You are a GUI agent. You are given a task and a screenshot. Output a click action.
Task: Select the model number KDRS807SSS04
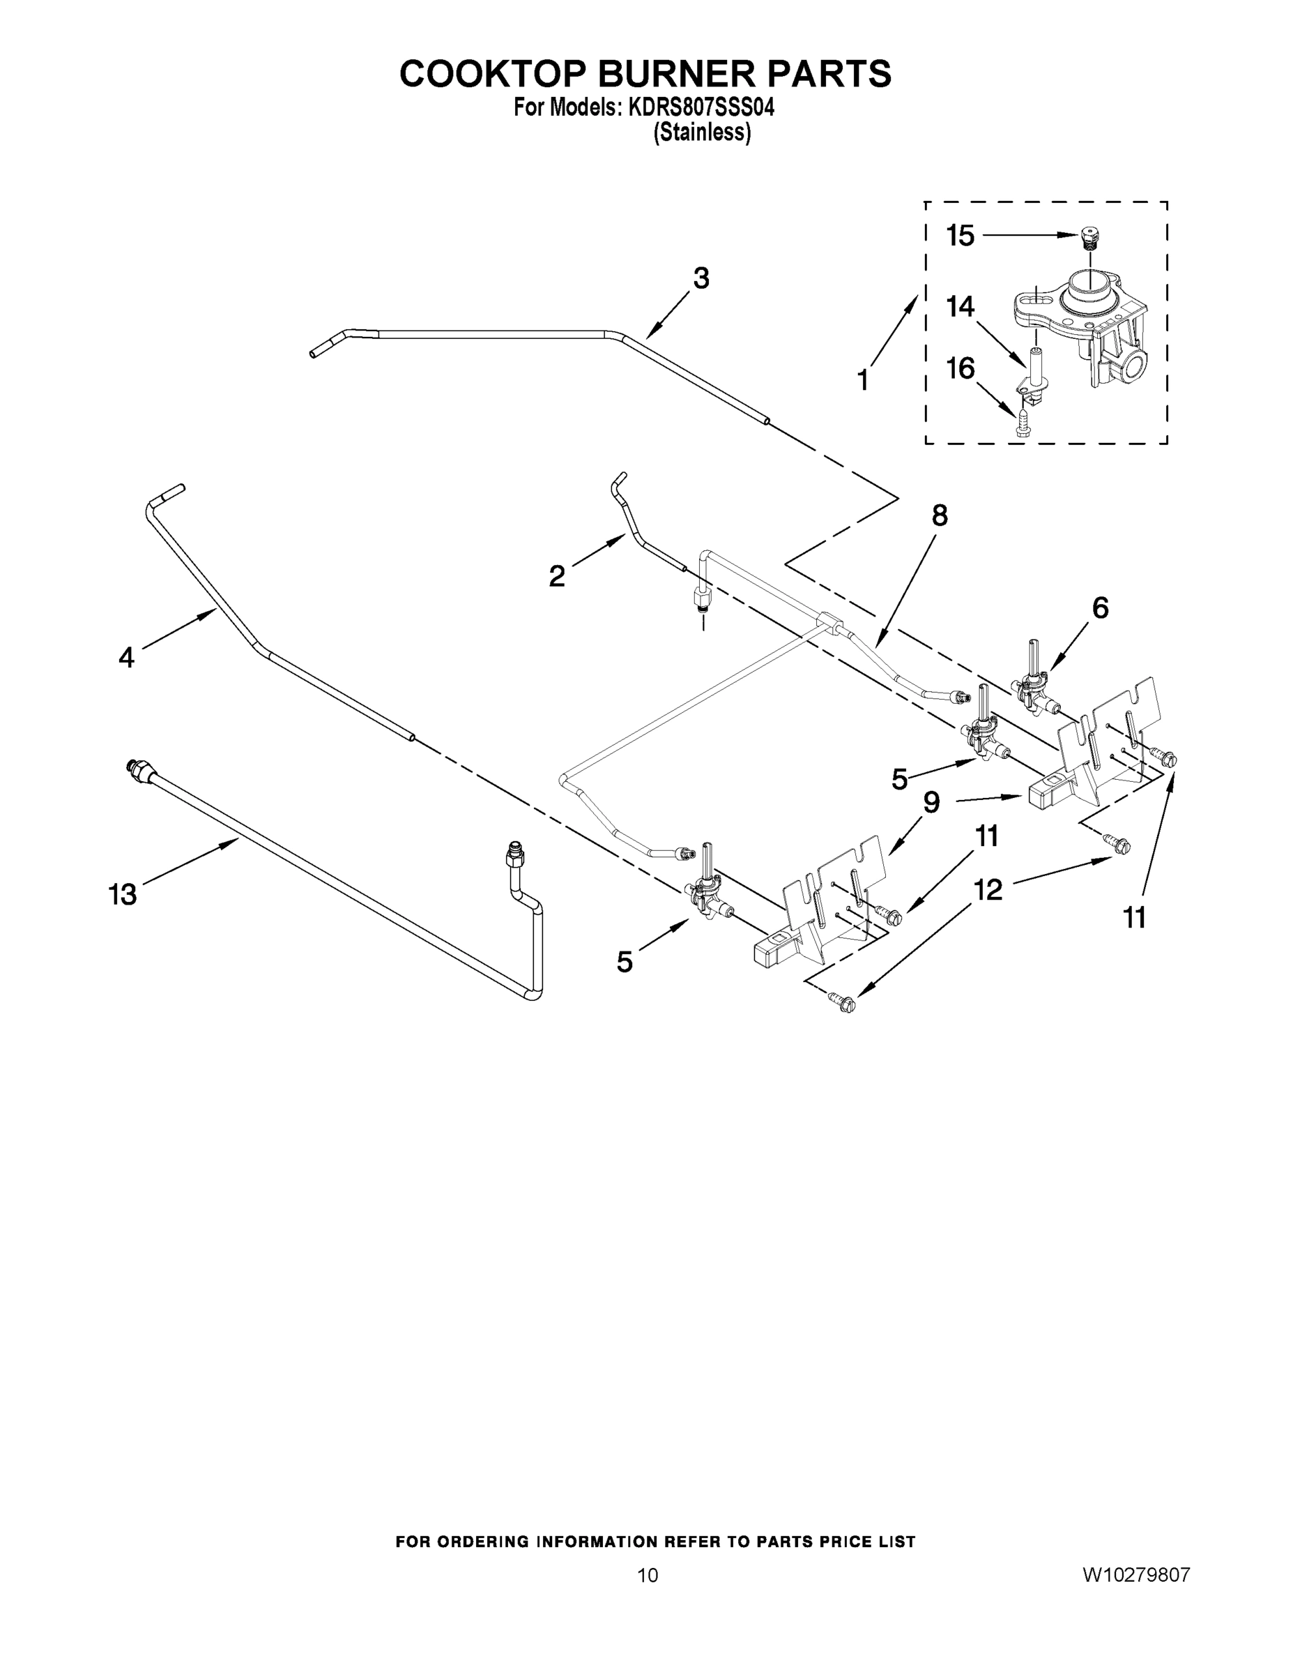(701, 108)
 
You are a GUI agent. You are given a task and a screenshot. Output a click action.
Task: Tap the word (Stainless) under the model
(702, 133)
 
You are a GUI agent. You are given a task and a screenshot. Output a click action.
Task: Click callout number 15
(960, 235)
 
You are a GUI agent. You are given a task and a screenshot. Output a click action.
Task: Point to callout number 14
(960, 307)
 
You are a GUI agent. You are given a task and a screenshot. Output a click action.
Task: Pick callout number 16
(960, 369)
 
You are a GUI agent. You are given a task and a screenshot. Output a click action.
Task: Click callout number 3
(701, 278)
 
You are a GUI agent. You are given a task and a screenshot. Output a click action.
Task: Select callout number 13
(123, 893)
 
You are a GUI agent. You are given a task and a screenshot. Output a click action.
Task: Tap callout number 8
(939, 516)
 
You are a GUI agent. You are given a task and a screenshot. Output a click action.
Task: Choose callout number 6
(1099, 608)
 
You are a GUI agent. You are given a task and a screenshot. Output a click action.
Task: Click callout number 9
(931, 803)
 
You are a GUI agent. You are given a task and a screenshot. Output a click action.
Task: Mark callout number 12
(988, 890)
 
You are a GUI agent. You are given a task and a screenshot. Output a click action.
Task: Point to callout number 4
(126, 657)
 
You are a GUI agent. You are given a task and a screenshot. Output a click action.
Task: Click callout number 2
(557, 575)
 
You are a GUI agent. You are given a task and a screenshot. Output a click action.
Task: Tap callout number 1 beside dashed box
(862, 379)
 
